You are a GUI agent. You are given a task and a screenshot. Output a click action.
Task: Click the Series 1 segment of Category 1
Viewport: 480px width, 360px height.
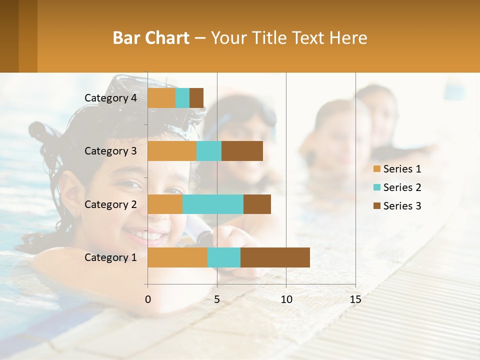point(177,257)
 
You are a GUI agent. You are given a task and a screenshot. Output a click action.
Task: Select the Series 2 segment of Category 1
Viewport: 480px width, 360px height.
point(224,257)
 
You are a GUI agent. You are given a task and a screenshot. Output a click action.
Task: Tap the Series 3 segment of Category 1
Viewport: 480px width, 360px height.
point(275,257)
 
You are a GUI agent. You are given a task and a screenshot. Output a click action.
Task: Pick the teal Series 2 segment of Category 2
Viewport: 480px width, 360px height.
point(213,204)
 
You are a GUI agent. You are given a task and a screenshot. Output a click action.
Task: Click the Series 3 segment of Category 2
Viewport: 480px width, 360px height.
point(257,204)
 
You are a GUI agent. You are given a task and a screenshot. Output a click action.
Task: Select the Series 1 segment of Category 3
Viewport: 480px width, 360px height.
point(172,151)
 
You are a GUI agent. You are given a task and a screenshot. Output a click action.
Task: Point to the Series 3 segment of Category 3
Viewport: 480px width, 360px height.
point(242,151)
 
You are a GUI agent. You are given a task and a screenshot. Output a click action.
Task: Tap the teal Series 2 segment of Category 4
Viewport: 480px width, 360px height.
point(182,98)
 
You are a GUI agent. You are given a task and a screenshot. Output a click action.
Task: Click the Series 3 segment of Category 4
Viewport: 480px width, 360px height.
point(196,98)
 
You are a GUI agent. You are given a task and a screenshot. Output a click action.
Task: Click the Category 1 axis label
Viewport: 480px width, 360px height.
point(110,257)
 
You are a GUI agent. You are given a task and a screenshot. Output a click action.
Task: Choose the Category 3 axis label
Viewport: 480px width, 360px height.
point(110,151)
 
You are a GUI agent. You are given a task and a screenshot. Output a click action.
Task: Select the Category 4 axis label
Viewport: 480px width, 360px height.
point(110,98)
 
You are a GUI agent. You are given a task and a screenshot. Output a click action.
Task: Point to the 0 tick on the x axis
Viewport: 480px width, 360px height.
point(148,299)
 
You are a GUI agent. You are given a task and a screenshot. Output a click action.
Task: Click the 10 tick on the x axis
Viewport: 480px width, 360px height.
point(286,299)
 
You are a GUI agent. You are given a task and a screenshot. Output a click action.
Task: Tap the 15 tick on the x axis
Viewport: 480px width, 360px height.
point(355,299)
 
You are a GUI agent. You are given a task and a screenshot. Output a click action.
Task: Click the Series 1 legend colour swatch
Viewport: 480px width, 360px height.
point(377,169)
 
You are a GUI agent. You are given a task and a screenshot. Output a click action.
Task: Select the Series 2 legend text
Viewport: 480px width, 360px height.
point(402,187)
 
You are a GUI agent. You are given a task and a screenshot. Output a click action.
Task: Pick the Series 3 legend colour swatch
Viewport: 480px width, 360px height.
point(377,206)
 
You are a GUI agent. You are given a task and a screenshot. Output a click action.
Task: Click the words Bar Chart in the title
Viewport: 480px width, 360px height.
point(151,38)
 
